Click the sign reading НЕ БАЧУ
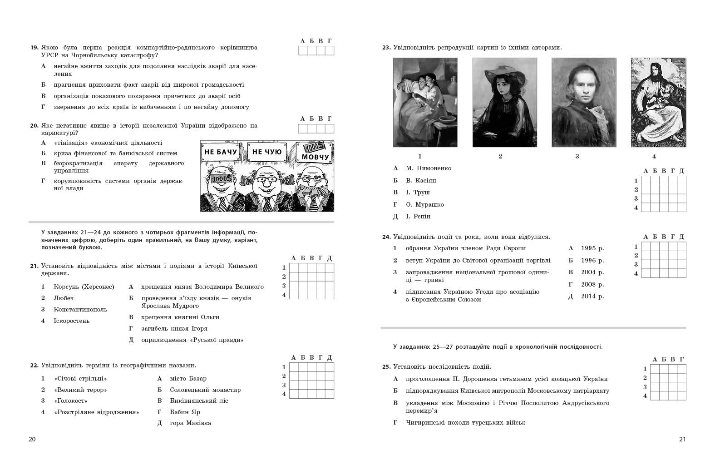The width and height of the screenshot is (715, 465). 221,152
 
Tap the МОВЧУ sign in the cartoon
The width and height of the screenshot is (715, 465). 315,157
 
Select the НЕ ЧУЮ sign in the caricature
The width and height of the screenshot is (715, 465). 266,152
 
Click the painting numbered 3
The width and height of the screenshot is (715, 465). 584,102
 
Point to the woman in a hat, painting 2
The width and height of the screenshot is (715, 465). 504,102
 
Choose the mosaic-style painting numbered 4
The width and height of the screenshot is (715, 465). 658,102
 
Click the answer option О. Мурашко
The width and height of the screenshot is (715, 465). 424,204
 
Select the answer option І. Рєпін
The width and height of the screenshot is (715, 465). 418,217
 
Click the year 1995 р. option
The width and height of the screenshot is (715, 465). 592,248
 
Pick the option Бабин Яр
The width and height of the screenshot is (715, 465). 185,412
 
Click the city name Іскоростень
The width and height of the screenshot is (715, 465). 71,321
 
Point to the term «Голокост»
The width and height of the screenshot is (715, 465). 70,401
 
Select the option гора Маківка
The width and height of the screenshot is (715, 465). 190,423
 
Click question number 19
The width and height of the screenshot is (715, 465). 34,48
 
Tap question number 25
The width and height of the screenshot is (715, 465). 386,367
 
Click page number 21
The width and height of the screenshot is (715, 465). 682,439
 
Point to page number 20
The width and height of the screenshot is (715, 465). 32,439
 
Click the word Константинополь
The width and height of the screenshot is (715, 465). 80,309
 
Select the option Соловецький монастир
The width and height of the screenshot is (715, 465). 205,390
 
